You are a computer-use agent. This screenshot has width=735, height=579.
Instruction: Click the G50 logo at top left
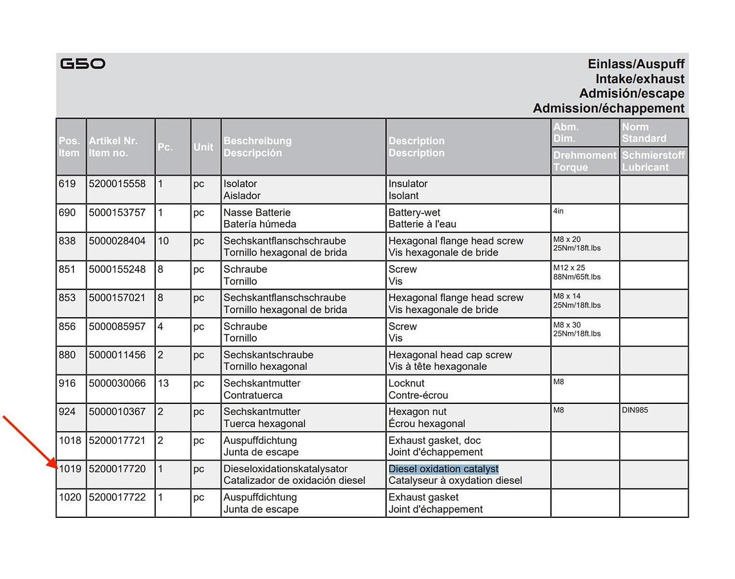(x=82, y=64)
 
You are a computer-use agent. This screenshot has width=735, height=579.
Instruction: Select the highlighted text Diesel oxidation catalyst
(x=443, y=469)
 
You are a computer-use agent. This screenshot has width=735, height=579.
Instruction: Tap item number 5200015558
(x=117, y=184)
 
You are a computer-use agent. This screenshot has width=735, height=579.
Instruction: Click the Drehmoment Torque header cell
(x=584, y=161)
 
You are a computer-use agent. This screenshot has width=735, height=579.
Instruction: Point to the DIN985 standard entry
(x=635, y=410)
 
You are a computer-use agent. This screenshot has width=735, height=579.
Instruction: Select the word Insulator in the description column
(x=408, y=184)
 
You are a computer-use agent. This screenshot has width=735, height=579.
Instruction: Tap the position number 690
(x=67, y=212)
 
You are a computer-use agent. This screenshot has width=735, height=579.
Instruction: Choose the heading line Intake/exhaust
(x=640, y=79)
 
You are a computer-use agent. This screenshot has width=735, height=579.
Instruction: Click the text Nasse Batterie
(x=257, y=212)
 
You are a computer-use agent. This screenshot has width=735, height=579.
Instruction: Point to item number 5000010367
(x=117, y=412)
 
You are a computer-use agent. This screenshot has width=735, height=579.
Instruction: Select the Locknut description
(x=406, y=383)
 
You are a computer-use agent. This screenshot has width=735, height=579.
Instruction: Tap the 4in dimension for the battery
(x=558, y=211)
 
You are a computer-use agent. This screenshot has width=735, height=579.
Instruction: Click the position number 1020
(x=70, y=497)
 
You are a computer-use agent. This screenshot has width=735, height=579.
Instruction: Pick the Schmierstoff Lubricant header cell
(x=653, y=161)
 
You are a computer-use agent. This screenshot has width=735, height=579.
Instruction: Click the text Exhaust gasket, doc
(x=434, y=441)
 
